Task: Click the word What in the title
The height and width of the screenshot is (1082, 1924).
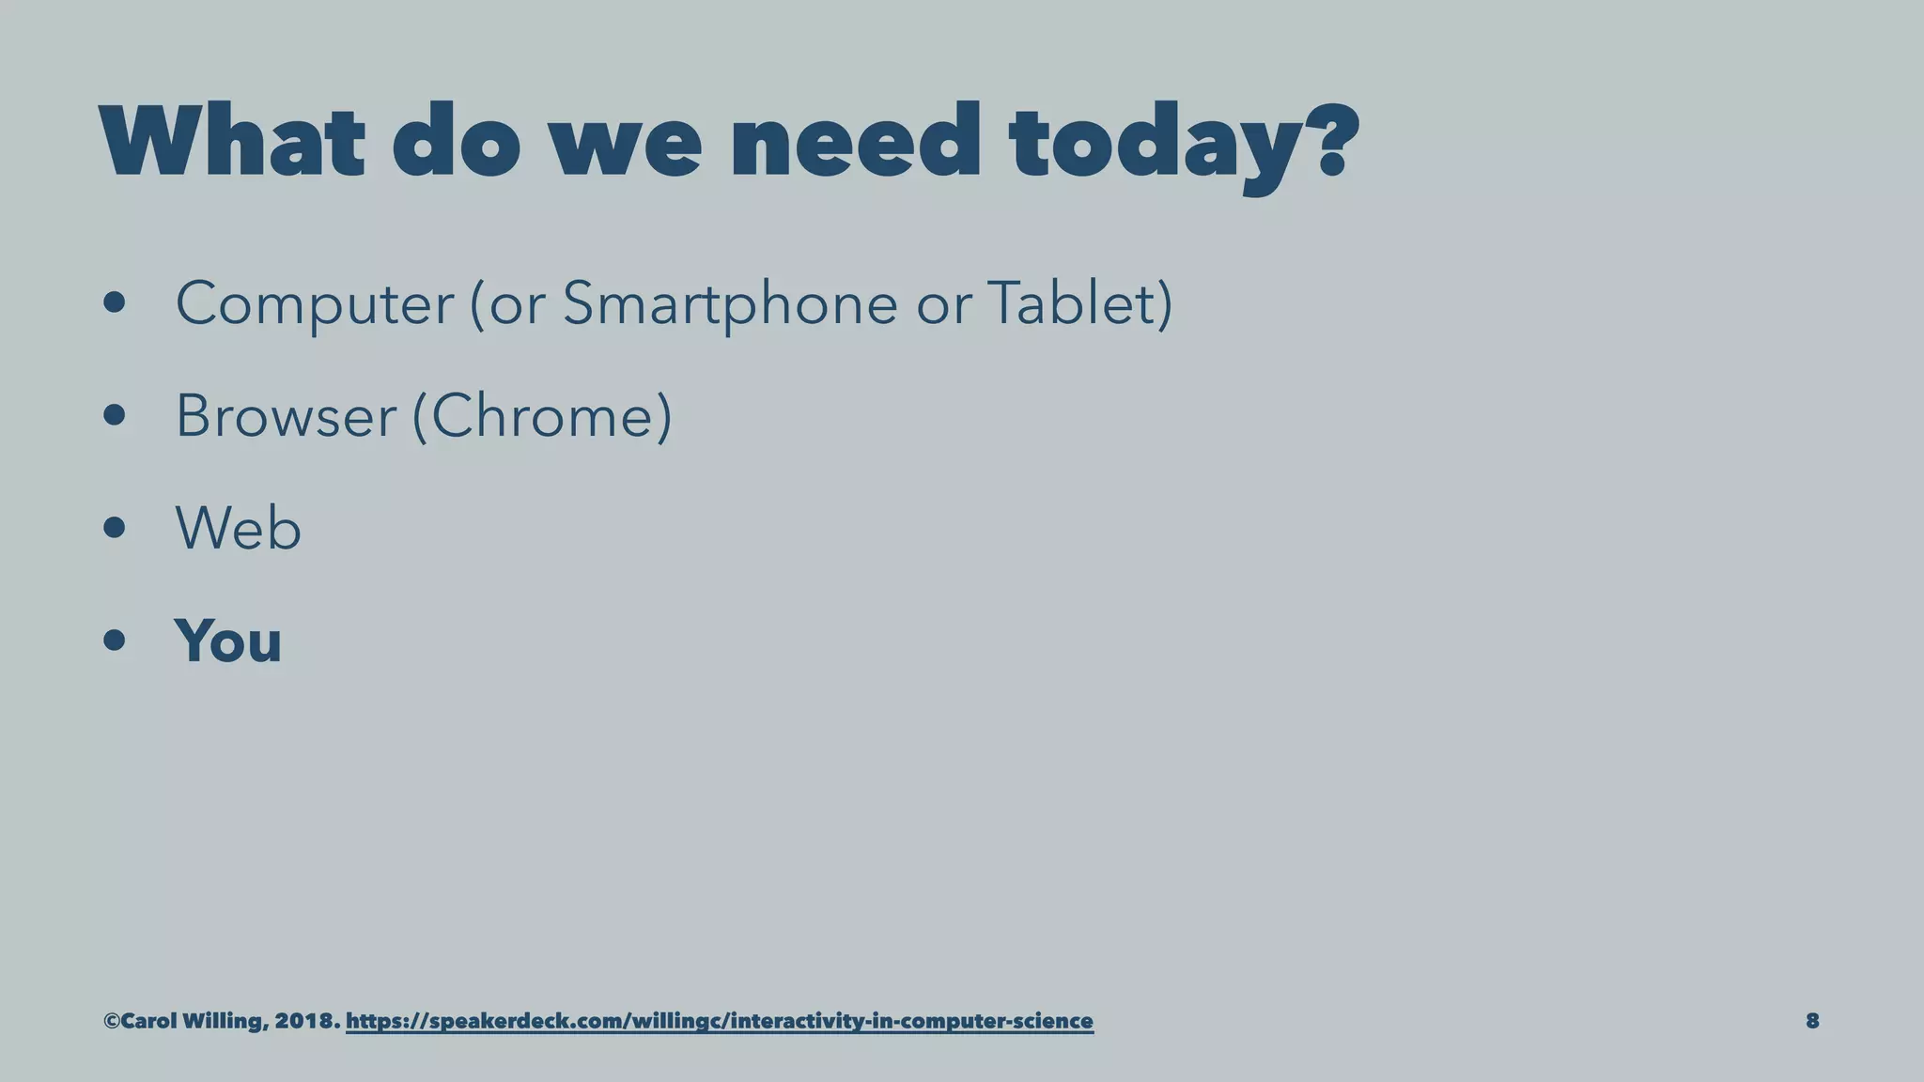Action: [x=231, y=142]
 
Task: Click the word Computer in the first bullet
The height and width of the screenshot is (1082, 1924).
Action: [x=315, y=304]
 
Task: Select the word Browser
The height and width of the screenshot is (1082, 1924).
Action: [x=286, y=416]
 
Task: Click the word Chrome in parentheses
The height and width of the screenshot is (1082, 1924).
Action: [x=542, y=416]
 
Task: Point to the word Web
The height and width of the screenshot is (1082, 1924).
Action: [x=238, y=528]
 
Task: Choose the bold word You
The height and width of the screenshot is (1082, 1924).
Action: [x=227, y=641]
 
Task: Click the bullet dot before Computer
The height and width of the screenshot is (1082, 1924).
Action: [x=115, y=304]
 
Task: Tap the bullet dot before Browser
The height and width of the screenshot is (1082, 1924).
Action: [x=115, y=416]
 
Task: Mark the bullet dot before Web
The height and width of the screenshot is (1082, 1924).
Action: [x=115, y=528]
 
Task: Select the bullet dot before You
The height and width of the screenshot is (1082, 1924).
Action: [x=115, y=641]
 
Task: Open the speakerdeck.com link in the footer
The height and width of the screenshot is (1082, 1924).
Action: [x=719, y=1021]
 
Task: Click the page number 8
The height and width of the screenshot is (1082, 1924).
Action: [x=1812, y=1021]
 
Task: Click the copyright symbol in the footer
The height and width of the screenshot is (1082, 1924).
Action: [x=112, y=1021]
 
